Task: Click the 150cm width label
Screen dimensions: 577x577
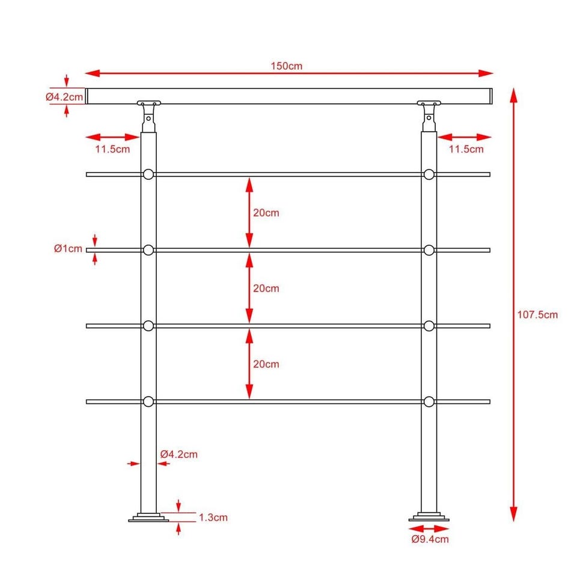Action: pyautogui.click(x=286, y=66)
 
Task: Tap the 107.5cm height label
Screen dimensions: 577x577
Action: pyautogui.click(x=537, y=315)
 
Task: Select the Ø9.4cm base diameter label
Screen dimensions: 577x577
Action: pyautogui.click(x=430, y=540)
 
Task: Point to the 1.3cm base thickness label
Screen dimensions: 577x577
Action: pyautogui.click(x=213, y=517)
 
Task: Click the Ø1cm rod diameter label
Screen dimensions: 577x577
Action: pyautogui.click(x=68, y=249)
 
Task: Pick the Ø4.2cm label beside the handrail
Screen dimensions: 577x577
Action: pyautogui.click(x=64, y=97)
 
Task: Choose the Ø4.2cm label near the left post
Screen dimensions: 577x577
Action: pyautogui.click(x=179, y=454)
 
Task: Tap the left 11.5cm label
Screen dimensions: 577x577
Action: pyautogui.click(x=112, y=150)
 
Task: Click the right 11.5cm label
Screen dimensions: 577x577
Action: pyautogui.click(x=466, y=150)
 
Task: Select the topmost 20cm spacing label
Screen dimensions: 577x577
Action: pyautogui.click(x=266, y=213)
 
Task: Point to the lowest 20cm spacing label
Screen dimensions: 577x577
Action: pyautogui.click(x=266, y=364)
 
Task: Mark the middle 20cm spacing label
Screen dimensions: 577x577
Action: pyautogui.click(x=266, y=288)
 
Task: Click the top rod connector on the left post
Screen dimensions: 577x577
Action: pyautogui.click(x=148, y=174)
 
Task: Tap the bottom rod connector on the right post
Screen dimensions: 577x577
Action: pyautogui.click(x=429, y=402)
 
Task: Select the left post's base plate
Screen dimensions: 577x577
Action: pyautogui.click(x=148, y=517)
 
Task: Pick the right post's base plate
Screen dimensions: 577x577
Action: pyautogui.click(x=429, y=517)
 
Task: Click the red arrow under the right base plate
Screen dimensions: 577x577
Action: pyautogui.click(x=429, y=529)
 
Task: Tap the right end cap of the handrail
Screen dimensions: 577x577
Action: pyautogui.click(x=491, y=96)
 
